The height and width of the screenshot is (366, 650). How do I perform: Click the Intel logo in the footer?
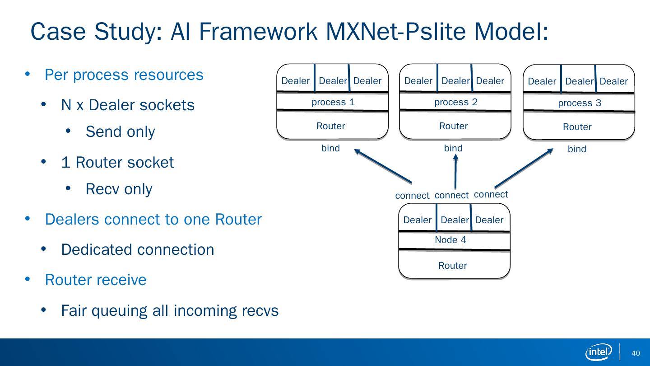click(x=599, y=352)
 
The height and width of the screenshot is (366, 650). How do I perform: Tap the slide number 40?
click(x=636, y=353)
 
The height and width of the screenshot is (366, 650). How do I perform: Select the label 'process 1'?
click(x=333, y=102)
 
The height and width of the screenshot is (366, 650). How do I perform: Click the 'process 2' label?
click(x=456, y=102)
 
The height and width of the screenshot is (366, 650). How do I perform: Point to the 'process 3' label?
click(x=580, y=103)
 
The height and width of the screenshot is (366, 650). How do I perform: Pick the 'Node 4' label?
click(x=450, y=240)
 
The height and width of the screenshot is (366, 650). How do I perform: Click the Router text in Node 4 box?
click(x=453, y=266)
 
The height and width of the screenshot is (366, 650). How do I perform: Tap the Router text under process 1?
click(x=331, y=126)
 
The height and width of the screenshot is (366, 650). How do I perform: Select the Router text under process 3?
click(x=577, y=127)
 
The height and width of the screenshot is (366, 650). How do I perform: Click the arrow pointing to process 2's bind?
click(x=455, y=171)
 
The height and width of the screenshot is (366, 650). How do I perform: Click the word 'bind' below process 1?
click(x=330, y=148)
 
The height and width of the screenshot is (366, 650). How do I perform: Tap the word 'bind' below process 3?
click(x=577, y=149)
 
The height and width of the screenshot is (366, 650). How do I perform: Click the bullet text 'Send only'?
click(x=120, y=132)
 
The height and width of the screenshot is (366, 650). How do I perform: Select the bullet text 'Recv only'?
click(x=119, y=189)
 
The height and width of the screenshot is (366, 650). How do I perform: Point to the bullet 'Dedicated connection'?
click(x=138, y=249)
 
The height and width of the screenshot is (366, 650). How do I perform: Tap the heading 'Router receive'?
click(x=96, y=280)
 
